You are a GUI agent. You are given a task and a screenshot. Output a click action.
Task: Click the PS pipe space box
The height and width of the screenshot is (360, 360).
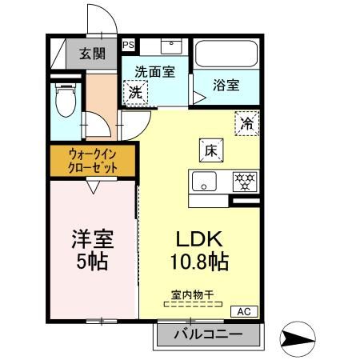(128, 45)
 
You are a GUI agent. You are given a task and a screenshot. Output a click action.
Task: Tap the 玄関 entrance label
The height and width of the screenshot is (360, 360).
(92, 54)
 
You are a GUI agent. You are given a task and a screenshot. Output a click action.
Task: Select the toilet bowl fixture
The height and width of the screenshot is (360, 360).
(66, 100)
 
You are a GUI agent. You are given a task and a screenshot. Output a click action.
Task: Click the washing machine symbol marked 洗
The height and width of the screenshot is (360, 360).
(135, 92)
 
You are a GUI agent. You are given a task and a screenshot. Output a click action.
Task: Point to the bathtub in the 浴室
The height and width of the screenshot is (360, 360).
(226, 54)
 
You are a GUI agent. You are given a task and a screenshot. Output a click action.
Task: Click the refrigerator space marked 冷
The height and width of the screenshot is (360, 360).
(247, 123)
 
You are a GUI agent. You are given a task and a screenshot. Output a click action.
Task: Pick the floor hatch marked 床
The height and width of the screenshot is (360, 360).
(211, 150)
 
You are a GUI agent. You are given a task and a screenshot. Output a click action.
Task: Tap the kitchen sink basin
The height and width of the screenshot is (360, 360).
(204, 182)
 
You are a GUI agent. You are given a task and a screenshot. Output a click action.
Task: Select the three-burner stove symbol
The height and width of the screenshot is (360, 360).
(245, 182)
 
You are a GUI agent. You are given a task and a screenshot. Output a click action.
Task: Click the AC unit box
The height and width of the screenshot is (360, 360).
(244, 311)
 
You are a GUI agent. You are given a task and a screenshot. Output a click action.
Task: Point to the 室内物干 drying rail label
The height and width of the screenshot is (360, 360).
(193, 294)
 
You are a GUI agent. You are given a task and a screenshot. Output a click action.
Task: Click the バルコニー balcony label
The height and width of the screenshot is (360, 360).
(208, 334)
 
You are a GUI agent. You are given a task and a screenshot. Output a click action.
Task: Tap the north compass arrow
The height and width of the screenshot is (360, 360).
(298, 338)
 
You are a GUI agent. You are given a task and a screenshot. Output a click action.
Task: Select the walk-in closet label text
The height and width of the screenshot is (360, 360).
(93, 161)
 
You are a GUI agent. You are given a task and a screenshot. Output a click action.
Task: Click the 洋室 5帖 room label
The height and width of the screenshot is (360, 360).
(93, 250)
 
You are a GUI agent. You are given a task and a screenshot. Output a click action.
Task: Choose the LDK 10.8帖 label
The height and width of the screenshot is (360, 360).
(199, 250)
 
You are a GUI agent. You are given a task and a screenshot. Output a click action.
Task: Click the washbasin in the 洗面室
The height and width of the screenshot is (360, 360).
(171, 46)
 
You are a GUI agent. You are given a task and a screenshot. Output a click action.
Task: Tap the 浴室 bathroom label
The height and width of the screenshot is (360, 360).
(226, 85)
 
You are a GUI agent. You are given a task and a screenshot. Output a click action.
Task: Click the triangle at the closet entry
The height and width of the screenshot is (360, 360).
(93, 187)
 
